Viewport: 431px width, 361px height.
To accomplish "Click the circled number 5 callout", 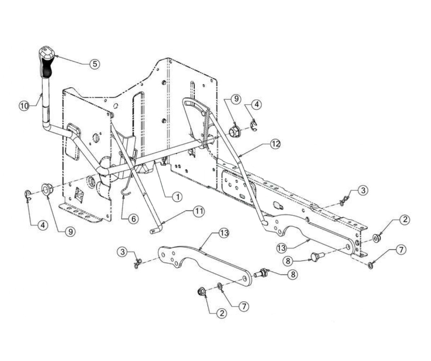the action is (x=95, y=64).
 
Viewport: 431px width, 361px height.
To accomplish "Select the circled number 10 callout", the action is (x=24, y=106).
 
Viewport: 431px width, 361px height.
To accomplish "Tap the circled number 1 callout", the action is (x=177, y=196).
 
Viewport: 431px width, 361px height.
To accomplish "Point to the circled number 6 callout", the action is (x=133, y=219).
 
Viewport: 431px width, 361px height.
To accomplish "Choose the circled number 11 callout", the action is (x=199, y=211).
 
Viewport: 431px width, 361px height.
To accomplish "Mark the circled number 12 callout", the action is (x=275, y=144).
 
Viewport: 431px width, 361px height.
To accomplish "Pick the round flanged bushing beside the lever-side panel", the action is (x=47, y=189).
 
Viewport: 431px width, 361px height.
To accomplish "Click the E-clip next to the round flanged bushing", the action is (x=28, y=195).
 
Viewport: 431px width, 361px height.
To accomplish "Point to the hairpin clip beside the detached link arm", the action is (x=137, y=263).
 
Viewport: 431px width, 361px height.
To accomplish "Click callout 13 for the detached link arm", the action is (x=224, y=233).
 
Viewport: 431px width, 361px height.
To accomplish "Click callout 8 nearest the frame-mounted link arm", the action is (x=288, y=260).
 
